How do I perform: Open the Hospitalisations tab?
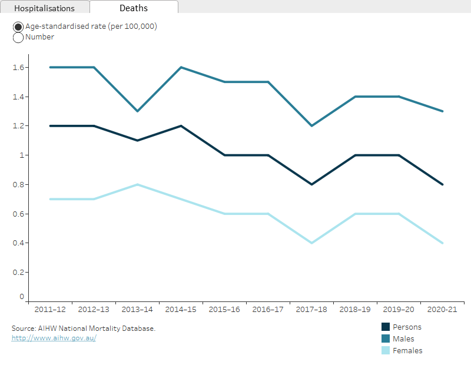coord(44,8)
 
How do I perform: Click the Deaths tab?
coord(134,8)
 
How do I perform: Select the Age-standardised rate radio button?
coord(18,27)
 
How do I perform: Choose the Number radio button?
coord(18,38)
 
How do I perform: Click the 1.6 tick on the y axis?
coord(18,68)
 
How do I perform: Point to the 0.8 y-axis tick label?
coord(18,185)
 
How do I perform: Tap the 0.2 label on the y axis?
coord(18,273)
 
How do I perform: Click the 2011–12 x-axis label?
coord(50,309)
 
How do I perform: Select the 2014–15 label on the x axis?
coord(181,309)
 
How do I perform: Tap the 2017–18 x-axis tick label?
coord(311,309)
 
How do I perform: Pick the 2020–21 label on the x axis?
coord(442,309)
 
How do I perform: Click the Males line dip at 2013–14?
coord(137,111)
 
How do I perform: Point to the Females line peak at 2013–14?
coord(137,185)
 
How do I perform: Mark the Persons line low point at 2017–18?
coord(311,185)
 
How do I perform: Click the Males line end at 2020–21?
coord(442,111)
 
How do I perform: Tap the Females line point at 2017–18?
coord(311,243)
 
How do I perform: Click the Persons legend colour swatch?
coord(386,327)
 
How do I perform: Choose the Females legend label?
coord(407,351)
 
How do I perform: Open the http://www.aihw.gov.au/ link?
coord(54,339)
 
